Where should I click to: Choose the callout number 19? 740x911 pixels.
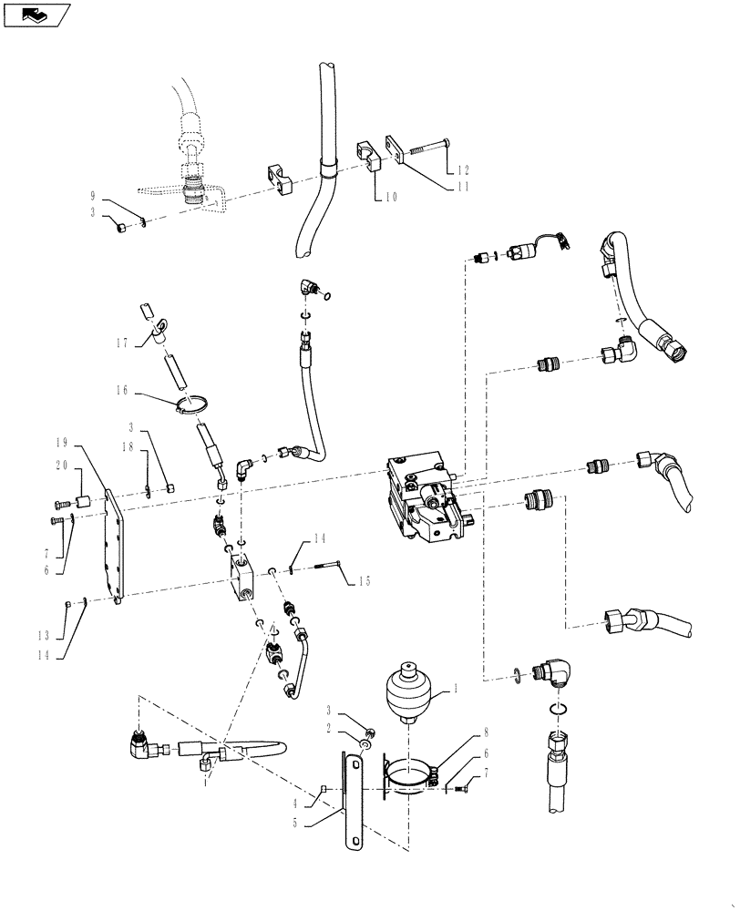coord(61,442)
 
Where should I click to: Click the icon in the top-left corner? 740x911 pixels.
coord(36,15)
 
